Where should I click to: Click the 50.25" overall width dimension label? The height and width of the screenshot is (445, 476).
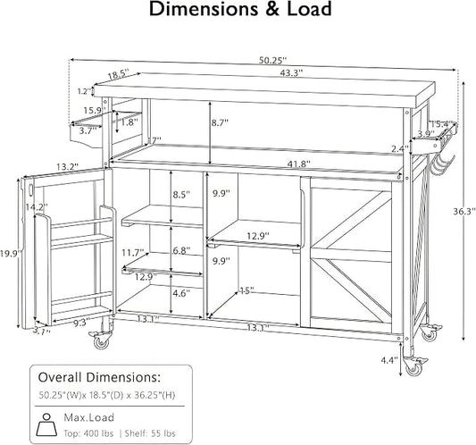click(x=272, y=61)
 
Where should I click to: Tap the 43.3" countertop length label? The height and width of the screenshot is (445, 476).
click(x=291, y=73)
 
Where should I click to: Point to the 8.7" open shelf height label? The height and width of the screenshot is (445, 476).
click(x=220, y=122)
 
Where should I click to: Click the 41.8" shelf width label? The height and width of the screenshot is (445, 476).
click(x=298, y=164)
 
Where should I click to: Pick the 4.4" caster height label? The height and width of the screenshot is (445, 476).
click(x=389, y=360)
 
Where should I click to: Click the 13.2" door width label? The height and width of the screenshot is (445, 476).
click(x=67, y=167)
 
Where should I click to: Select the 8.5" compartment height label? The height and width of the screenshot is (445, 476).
click(x=181, y=195)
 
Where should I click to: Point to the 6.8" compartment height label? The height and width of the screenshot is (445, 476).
click(x=181, y=251)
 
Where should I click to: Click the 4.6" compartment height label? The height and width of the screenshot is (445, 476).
click(x=181, y=293)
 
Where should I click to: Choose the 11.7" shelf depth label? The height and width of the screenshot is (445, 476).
click(x=133, y=253)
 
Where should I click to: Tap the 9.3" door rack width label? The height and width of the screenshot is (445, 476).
click(x=81, y=322)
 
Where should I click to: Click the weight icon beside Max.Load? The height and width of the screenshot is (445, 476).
click(x=46, y=424)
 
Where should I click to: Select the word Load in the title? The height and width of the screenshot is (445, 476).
click(x=309, y=9)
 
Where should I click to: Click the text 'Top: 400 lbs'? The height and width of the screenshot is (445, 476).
click(x=88, y=433)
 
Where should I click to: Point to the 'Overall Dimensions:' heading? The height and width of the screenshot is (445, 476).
click(x=99, y=378)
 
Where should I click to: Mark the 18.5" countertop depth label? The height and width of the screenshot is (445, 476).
click(x=119, y=74)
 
